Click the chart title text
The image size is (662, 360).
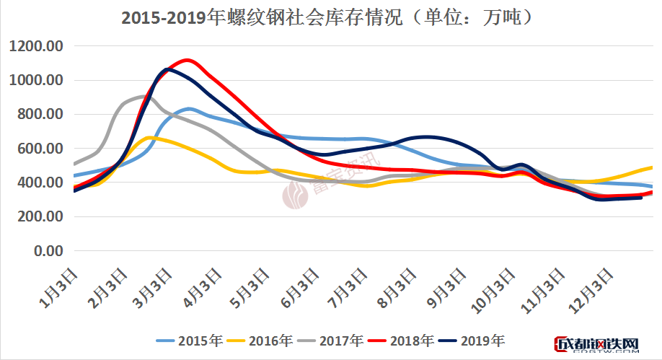click(331, 18)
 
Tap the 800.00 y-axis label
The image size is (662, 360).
click(41, 114)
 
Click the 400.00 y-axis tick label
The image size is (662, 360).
click(41, 183)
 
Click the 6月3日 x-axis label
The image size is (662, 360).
click(303, 284)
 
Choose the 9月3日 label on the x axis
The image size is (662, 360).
click(450, 284)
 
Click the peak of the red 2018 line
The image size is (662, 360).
click(187, 60)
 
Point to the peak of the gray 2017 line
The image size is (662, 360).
click(142, 96)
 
